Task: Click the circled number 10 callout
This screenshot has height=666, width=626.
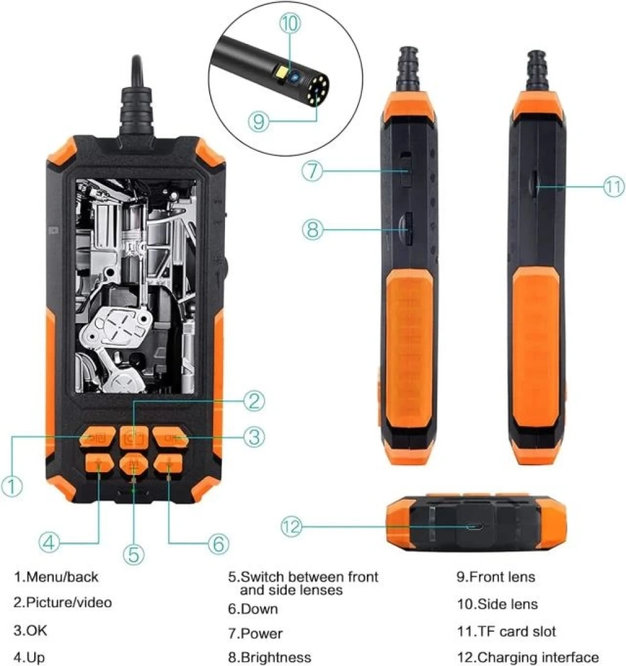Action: click(290, 23)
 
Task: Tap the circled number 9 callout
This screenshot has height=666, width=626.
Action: click(259, 121)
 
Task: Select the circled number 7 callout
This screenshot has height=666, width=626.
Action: click(312, 171)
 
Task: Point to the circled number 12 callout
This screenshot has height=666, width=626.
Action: click(292, 526)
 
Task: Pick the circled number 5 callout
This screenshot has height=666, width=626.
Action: click(134, 555)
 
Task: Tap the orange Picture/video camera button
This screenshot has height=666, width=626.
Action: click(134, 437)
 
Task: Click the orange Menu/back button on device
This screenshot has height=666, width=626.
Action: click(98, 437)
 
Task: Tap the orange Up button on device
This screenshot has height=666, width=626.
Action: click(99, 463)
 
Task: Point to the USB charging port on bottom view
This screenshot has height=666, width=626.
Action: click(474, 526)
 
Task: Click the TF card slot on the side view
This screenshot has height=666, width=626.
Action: click(534, 183)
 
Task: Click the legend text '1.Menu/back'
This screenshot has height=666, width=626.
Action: click(56, 577)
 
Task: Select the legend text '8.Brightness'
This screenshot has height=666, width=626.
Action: click(270, 657)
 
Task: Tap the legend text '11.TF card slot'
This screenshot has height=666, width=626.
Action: click(506, 632)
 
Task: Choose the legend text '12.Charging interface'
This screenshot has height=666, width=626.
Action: click(528, 657)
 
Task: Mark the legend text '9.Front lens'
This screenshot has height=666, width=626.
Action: click(496, 577)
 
